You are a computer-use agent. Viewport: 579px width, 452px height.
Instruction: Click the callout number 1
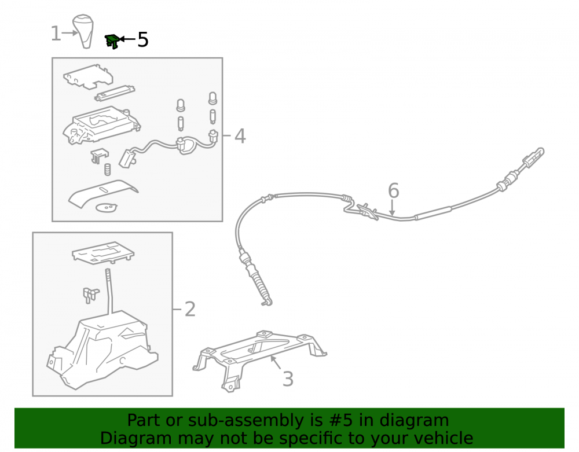click(x=56, y=34)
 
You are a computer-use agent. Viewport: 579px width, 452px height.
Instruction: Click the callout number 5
click(x=143, y=39)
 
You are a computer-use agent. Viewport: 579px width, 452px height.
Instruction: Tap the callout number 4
click(x=240, y=136)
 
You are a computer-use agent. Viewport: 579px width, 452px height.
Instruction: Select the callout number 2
click(x=190, y=309)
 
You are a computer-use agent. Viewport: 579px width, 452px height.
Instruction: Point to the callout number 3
click(x=288, y=379)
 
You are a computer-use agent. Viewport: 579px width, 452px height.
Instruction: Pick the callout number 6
click(x=394, y=190)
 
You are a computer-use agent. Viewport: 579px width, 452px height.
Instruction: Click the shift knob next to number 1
click(x=83, y=31)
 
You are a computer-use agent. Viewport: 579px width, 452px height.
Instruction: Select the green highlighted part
click(x=112, y=41)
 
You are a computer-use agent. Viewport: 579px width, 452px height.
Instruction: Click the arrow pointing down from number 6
click(x=392, y=207)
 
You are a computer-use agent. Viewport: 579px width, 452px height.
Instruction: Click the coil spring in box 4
click(x=108, y=170)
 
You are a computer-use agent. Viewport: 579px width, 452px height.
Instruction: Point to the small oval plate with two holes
click(x=107, y=208)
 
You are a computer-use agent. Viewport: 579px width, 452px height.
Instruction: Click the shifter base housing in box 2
click(x=101, y=351)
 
